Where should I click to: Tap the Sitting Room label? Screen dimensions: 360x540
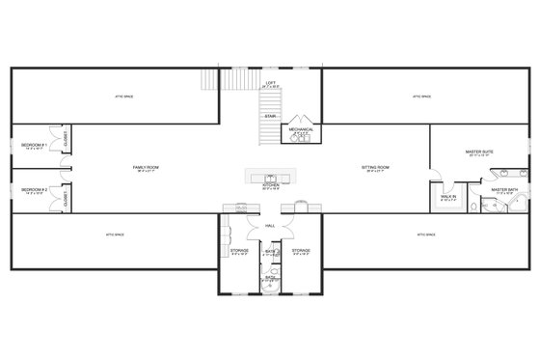coord(374,167)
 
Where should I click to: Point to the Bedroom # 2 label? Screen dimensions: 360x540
coord(35,189)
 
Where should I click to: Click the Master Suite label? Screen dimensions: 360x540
coord(480,151)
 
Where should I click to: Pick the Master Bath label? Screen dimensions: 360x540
coord(504,189)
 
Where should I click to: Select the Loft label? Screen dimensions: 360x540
coord(271,84)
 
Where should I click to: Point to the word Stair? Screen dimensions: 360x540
coord(271,117)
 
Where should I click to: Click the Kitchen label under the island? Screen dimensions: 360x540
coord(270,187)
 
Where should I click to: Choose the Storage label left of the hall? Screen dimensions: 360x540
coord(240,250)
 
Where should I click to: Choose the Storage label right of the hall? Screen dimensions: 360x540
coord(301,250)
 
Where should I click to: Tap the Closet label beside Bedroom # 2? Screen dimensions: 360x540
coord(66,199)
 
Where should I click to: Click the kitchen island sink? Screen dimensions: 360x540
coord(270,177)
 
